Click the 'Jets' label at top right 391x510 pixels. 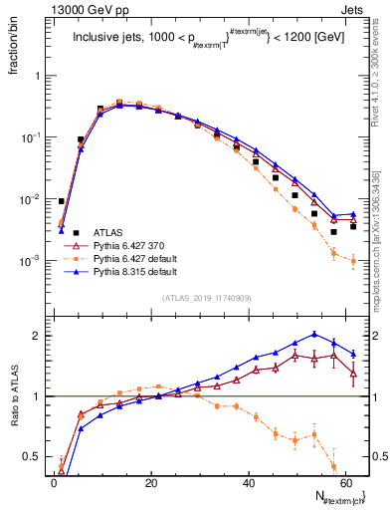(x=352, y=9)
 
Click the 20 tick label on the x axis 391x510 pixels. (x=150, y=483)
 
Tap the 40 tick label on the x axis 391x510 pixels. (x=247, y=483)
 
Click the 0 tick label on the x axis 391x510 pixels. (x=54, y=483)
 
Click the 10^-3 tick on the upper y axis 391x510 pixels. (x=27, y=261)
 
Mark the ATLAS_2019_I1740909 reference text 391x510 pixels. (x=206, y=298)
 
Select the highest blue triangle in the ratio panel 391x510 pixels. (x=314, y=335)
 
